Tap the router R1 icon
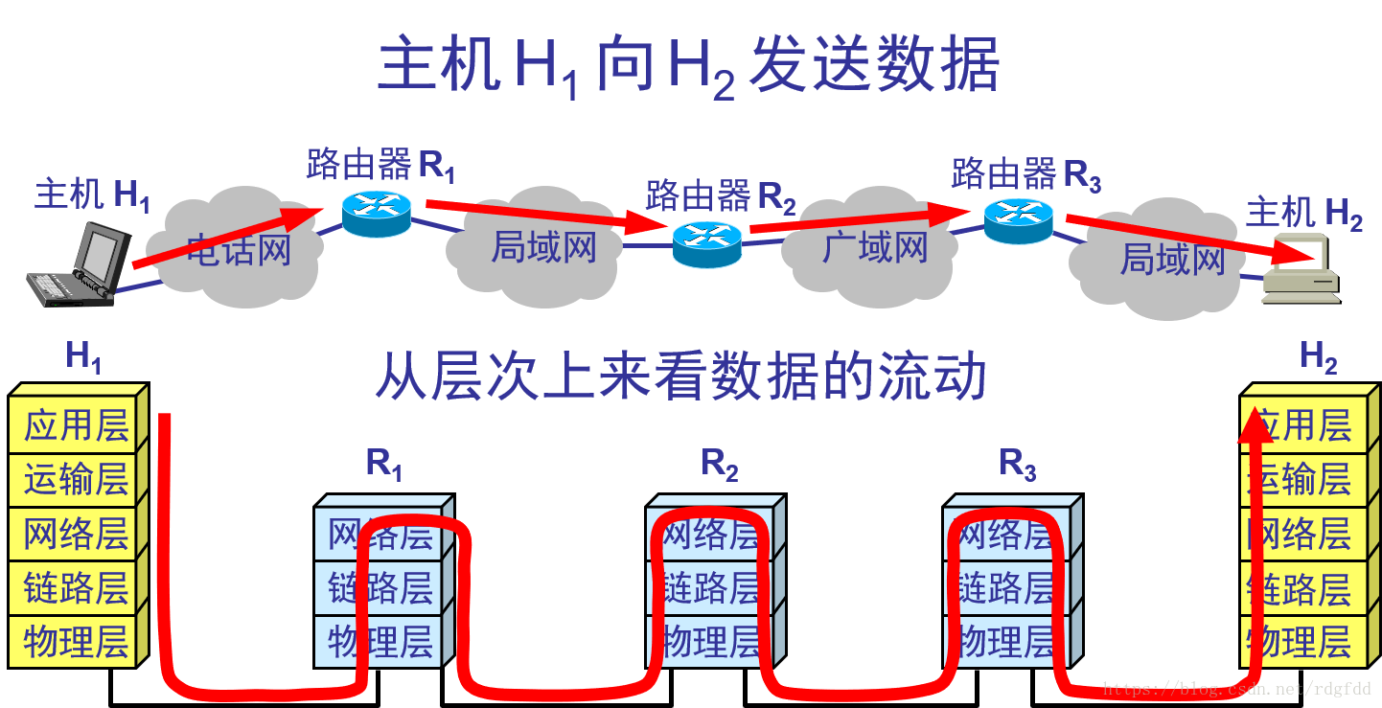click(377, 214)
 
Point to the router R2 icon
click(707, 244)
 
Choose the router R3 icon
click(1019, 221)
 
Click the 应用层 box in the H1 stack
click(76, 425)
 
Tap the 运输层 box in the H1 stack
click(76, 479)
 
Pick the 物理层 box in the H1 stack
click(76, 642)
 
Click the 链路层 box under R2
click(712, 587)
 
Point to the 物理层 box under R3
click(1007, 641)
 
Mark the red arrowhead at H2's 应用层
click(1257, 424)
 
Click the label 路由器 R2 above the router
click(720, 196)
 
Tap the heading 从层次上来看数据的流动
click(679, 377)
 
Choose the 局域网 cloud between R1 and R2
click(543, 247)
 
